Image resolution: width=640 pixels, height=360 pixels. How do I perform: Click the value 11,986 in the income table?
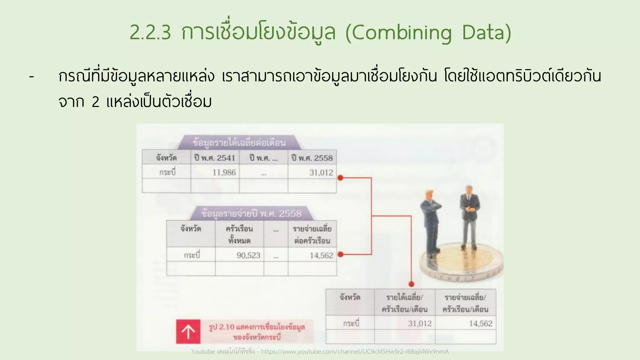click(x=224, y=172)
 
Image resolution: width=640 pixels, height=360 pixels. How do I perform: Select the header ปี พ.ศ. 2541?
click(x=215, y=158)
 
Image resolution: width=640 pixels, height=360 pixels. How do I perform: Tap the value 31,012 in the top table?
click(x=321, y=172)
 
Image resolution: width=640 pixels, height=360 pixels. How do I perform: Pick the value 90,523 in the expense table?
click(x=248, y=255)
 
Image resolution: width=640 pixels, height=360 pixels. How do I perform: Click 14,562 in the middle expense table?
click(x=321, y=255)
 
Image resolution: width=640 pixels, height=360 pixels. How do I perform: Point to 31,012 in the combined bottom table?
click(x=420, y=323)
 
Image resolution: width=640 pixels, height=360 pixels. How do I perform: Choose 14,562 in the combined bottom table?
click(x=481, y=323)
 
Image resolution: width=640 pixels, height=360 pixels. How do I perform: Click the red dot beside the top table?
click(x=341, y=178)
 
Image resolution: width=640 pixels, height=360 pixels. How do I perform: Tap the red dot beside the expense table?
click(x=341, y=254)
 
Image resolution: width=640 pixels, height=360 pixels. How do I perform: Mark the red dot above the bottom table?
click(x=411, y=284)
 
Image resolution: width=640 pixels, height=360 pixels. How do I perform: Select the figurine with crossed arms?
click(x=431, y=222)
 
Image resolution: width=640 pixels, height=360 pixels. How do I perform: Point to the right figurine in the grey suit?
click(x=469, y=216)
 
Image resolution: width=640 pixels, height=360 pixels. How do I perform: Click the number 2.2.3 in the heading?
click(x=150, y=33)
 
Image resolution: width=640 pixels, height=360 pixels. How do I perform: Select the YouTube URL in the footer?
click(x=355, y=352)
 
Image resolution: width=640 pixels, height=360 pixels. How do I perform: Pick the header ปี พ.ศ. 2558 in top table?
click(x=312, y=158)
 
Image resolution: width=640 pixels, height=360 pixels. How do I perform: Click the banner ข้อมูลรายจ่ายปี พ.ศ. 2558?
click(x=252, y=214)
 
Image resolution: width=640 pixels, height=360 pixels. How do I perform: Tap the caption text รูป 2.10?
click(x=222, y=327)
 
